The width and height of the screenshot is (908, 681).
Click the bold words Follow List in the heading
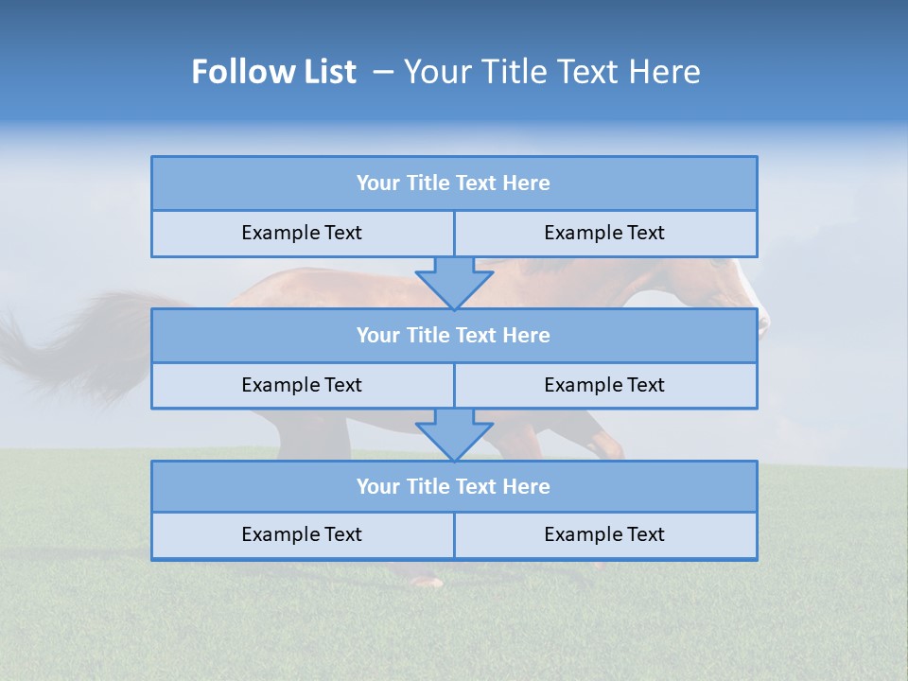pyautogui.click(x=273, y=72)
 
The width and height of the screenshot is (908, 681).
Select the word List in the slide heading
pyautogui.click(x=329, y=72)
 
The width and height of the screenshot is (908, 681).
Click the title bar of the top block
pyautogui.click(x=454, y=183)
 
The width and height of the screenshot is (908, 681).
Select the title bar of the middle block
pyautogui.click(x=454, y=336)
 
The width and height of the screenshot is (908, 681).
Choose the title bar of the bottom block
pyautogui.click(x=454, y=487)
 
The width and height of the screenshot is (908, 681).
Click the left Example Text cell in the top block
pyautogui.click(x=302, y=234)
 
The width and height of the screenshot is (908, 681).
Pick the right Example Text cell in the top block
pyautogui.click(x=605, y=234)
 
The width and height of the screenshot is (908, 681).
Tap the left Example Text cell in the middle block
pyautogui.click(x=302, y=385)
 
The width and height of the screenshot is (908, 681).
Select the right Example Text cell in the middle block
pyautogui.click(x=605, y=385)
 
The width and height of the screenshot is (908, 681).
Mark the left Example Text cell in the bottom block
pyautogui.click(x=302, y=535)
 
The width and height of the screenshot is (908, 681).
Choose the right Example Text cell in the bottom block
pyautogui.click(x=605, y=535)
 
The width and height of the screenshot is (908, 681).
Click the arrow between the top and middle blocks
pyautogui.click(x=454, y=282)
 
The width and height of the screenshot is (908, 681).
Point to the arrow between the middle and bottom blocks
pyautogui.click(x=454, y=434)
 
